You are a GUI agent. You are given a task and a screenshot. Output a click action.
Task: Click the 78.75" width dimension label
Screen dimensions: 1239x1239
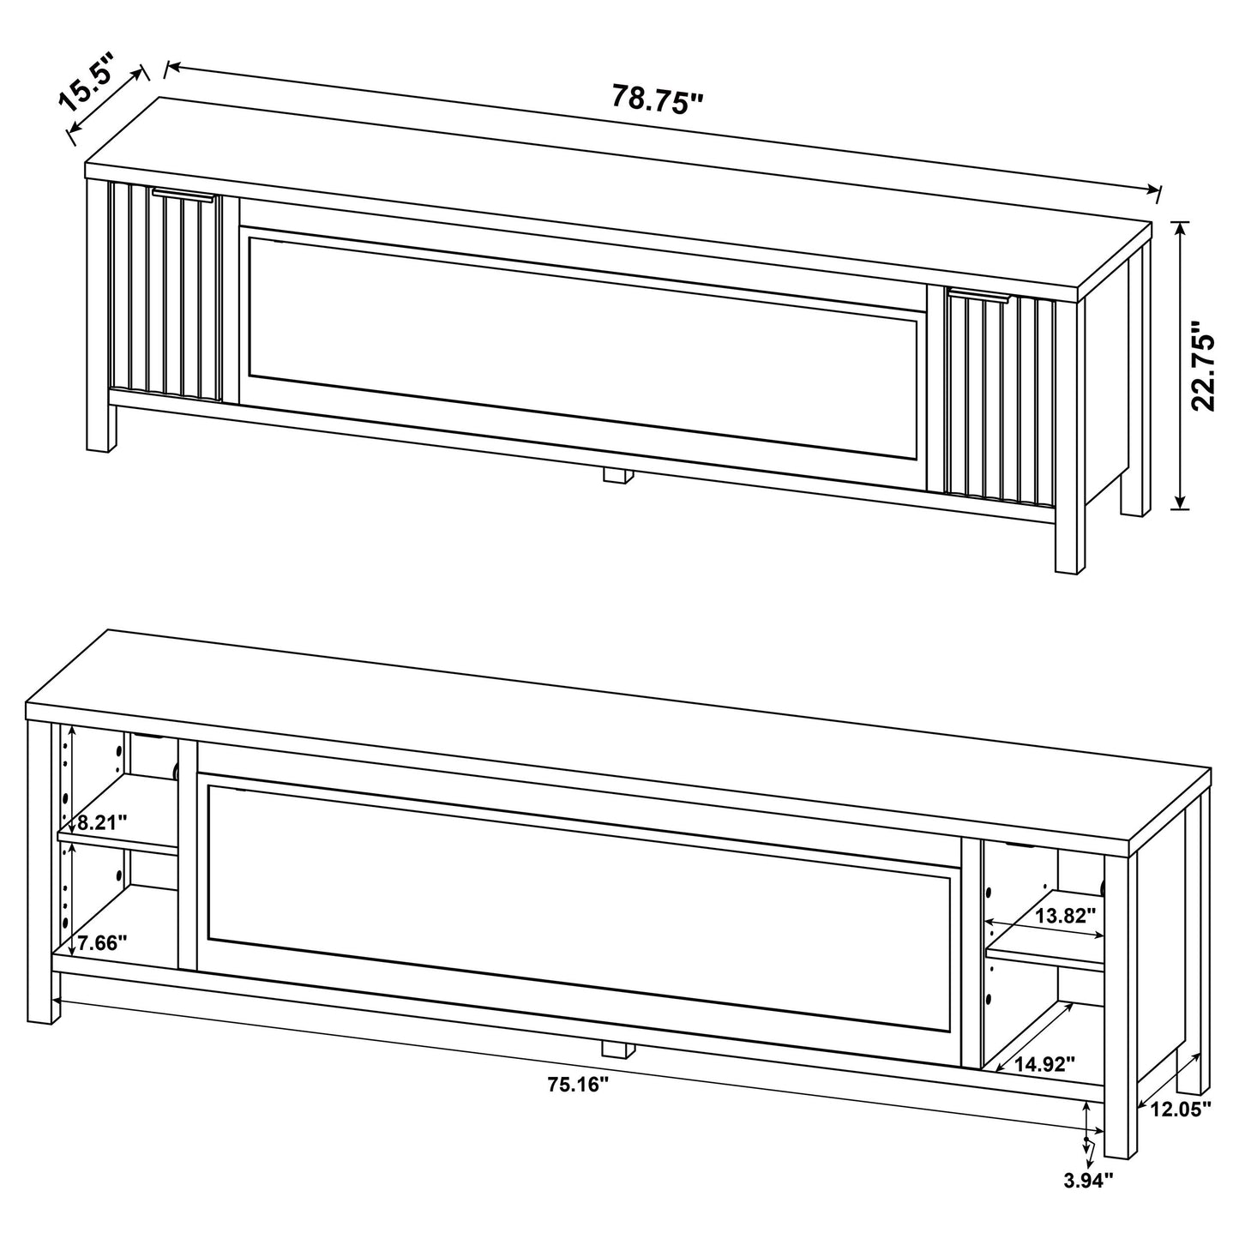tap(657, 99)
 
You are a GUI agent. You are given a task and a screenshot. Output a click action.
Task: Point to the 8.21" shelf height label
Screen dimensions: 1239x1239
tap(102, 822)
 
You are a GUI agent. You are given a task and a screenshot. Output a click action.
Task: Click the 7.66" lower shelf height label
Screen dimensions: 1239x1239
tap(102, 944)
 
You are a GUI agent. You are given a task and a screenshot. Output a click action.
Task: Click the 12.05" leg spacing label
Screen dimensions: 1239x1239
tap(1181, 1109)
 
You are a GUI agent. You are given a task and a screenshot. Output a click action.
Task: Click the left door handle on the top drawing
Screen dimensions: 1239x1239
tap(183, 195)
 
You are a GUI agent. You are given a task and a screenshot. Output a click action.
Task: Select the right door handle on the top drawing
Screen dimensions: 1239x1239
tap(980, 296)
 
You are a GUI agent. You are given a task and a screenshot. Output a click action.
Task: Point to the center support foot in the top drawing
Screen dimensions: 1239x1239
tap(616, 477)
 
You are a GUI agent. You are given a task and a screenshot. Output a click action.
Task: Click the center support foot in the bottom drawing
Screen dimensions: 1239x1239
tap(616, 1049)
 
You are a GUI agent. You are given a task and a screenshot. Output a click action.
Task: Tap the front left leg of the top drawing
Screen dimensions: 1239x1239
tap(101, 429)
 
